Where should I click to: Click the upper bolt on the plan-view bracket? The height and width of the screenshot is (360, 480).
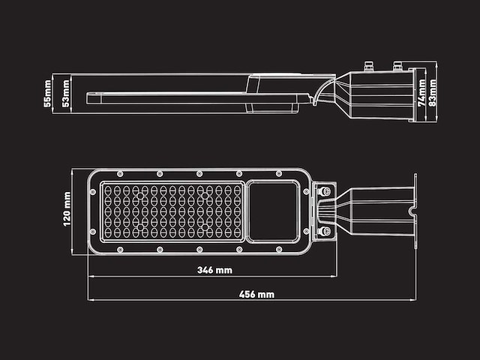point(325,193)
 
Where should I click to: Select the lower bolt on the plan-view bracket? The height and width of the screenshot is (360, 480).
point(325,232)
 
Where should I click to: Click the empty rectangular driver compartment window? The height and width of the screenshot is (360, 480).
point(274,211)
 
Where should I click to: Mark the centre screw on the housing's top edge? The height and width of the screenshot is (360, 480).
point(199,174)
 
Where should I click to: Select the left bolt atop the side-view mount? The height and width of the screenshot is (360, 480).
point(369,66)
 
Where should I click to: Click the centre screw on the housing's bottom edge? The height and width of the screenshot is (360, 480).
point(199,250)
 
